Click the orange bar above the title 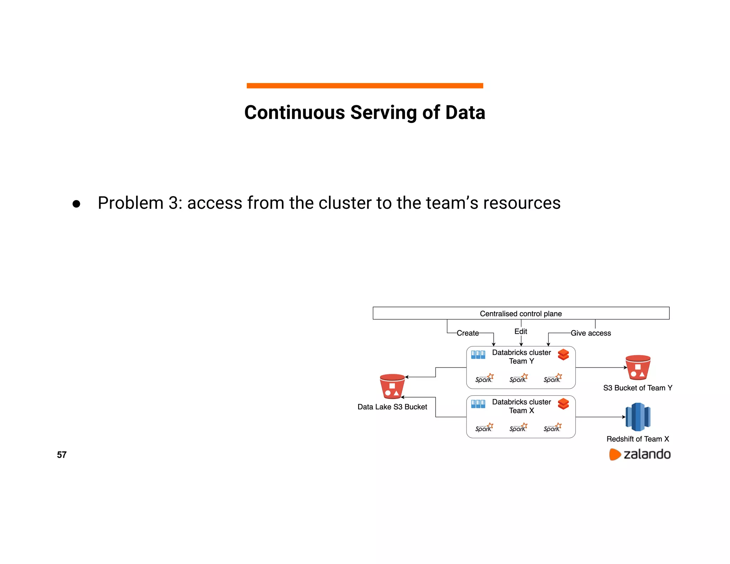point(365,86)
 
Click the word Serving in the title point(384,113)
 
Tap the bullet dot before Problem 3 point(76,204)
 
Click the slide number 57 point(62,455)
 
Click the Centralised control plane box point(521,313)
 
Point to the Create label point(468,333)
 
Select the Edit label point(520,331)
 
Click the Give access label point(591,333)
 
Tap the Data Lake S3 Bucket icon point(392,386)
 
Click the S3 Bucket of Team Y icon point(638,368)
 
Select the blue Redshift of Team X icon point(638,417)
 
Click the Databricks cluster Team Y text point(521,357)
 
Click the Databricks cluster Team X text point(521,406)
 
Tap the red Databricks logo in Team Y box point(563,354)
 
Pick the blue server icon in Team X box point(478,404)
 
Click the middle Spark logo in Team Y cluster point(518,378)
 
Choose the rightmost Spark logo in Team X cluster point(552,427)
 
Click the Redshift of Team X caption point(638,439)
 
